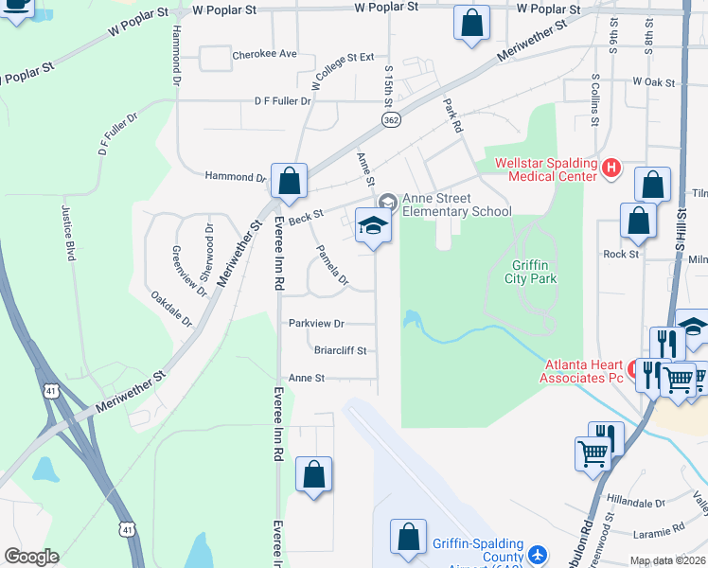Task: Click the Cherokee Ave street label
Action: (x=265, y=55)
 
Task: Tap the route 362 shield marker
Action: (x=390, y=119)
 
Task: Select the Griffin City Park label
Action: (x=532, y=272)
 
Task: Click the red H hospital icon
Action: (x=611, y=169)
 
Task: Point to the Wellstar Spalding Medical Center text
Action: (x=547, y=169)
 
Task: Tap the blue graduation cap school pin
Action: (x=373, y=227)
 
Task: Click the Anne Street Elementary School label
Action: (x=457, y=204)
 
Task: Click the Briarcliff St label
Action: (x=340, y=349)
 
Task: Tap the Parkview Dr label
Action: (x=316, y=323)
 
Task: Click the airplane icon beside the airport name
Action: (x=538, y=554)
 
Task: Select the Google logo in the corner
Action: (x=30, y=557)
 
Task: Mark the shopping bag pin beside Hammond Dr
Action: (x=289, y=180)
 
